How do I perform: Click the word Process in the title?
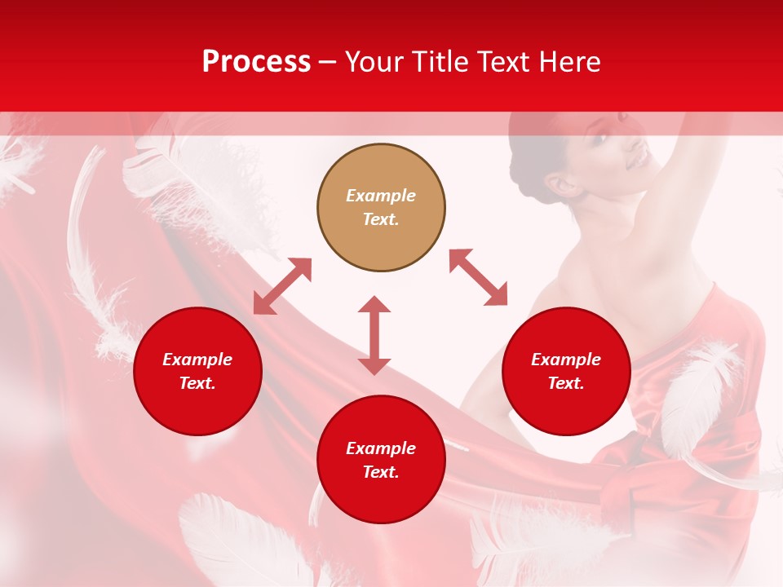pos(256,62)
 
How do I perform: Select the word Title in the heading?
pos(443,62)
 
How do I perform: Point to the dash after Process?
pos(327,63)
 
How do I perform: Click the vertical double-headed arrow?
pos(374,335)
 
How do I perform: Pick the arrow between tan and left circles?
pos(282,286)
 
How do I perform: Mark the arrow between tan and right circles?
pos(478,277)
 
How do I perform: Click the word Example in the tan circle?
pos(381,196)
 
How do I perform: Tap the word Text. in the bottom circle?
pos(381,472)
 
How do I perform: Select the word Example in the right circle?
pos(566,360)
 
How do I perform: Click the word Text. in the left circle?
pos(197,383)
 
